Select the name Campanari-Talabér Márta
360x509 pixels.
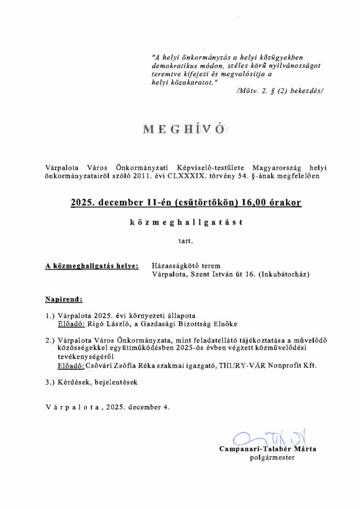tap(268, 449)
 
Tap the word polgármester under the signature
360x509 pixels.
tap(272, 458)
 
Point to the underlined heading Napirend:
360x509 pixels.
tap(64, 300)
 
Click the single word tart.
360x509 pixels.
tap(183, 242)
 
